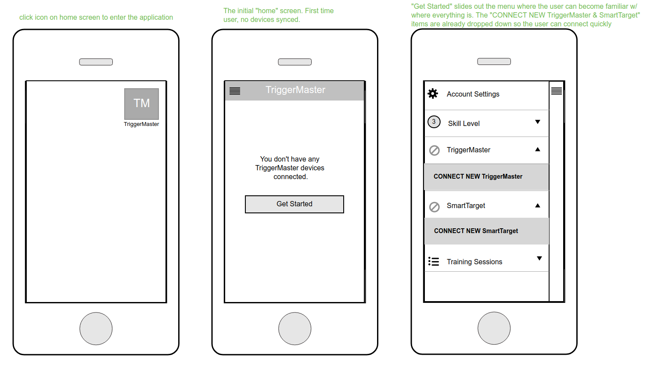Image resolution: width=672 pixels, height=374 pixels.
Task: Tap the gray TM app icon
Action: pyautogui.click(x=141, y=104)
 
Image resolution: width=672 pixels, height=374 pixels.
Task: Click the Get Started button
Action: pyautogui.click(x=294, y=204)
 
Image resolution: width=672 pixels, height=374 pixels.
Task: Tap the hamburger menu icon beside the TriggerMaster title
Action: pyautogui.click(x=234, y=90)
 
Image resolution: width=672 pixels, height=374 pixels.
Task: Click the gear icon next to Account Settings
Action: pyautogui.click(x=433, y=93)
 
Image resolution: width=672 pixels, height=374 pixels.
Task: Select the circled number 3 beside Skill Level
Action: pyautogui.click(x=434, y=122)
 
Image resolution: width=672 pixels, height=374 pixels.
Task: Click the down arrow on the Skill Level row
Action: pyautogui.click(x=538, y=122)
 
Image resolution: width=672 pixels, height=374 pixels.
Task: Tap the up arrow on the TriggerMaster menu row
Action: pyautogui.click(x=538, y=149)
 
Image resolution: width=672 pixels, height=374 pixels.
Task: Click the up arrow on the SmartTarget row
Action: pyautogui.click(x=538, y=205)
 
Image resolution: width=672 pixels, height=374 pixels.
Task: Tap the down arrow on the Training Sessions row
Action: pyautogui.click(x=539, y=258)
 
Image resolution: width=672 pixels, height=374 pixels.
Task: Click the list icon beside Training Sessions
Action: pyautogui.click(x=434, y=262)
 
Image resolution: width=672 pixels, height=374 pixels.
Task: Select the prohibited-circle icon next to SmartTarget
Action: pyautogui.click(x=434, y=207)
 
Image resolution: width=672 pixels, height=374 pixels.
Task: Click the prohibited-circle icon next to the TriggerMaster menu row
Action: pyautogui.click(x=434, y=150)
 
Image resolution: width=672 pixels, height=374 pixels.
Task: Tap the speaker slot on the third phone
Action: pyautogui.click(x=494, y=61)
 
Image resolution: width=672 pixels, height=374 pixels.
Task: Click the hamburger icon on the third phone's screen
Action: pyautogui.click(x=557, y=91)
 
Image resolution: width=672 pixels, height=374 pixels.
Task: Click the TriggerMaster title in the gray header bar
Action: pyautogui.click(x=295, y=90)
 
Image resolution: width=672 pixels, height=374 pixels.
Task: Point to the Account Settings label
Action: pyautogui.click(x=473, y=94)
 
